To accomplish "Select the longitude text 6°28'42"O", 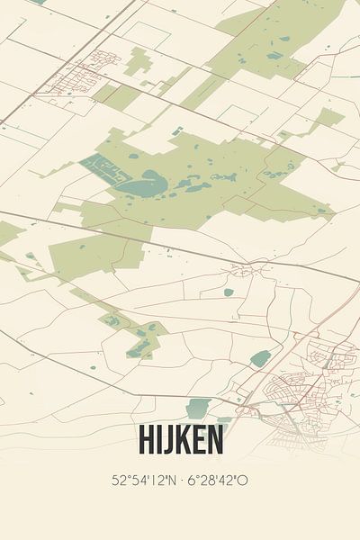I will tap(217, 480).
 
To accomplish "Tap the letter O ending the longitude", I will tap(243, 480).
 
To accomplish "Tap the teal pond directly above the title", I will tap(198, 408).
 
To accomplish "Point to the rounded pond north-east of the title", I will tap(259, 358).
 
